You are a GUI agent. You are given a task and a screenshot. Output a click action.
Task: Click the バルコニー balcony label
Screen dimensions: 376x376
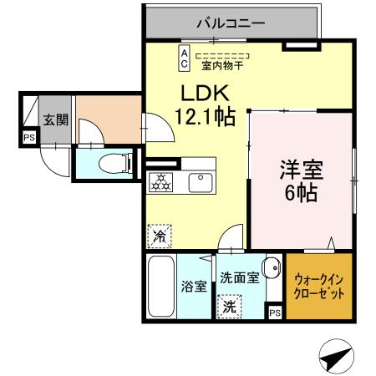coord(231,23)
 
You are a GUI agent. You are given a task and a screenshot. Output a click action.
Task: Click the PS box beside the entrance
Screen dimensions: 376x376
coord(29,138)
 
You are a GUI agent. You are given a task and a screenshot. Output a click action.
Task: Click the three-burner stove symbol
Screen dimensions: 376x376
coord(160,181)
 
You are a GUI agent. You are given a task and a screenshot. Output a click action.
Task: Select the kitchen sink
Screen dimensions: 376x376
coord(201,181)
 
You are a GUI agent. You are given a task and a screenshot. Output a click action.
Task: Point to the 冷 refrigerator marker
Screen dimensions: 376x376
coord(158,236)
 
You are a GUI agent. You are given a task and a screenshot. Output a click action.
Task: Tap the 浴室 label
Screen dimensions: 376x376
coord(194,287)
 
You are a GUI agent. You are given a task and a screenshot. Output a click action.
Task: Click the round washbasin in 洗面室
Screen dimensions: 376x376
coord(271,267)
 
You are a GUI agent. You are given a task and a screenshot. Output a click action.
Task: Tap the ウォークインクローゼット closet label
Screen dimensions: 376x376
coord(318,287)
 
